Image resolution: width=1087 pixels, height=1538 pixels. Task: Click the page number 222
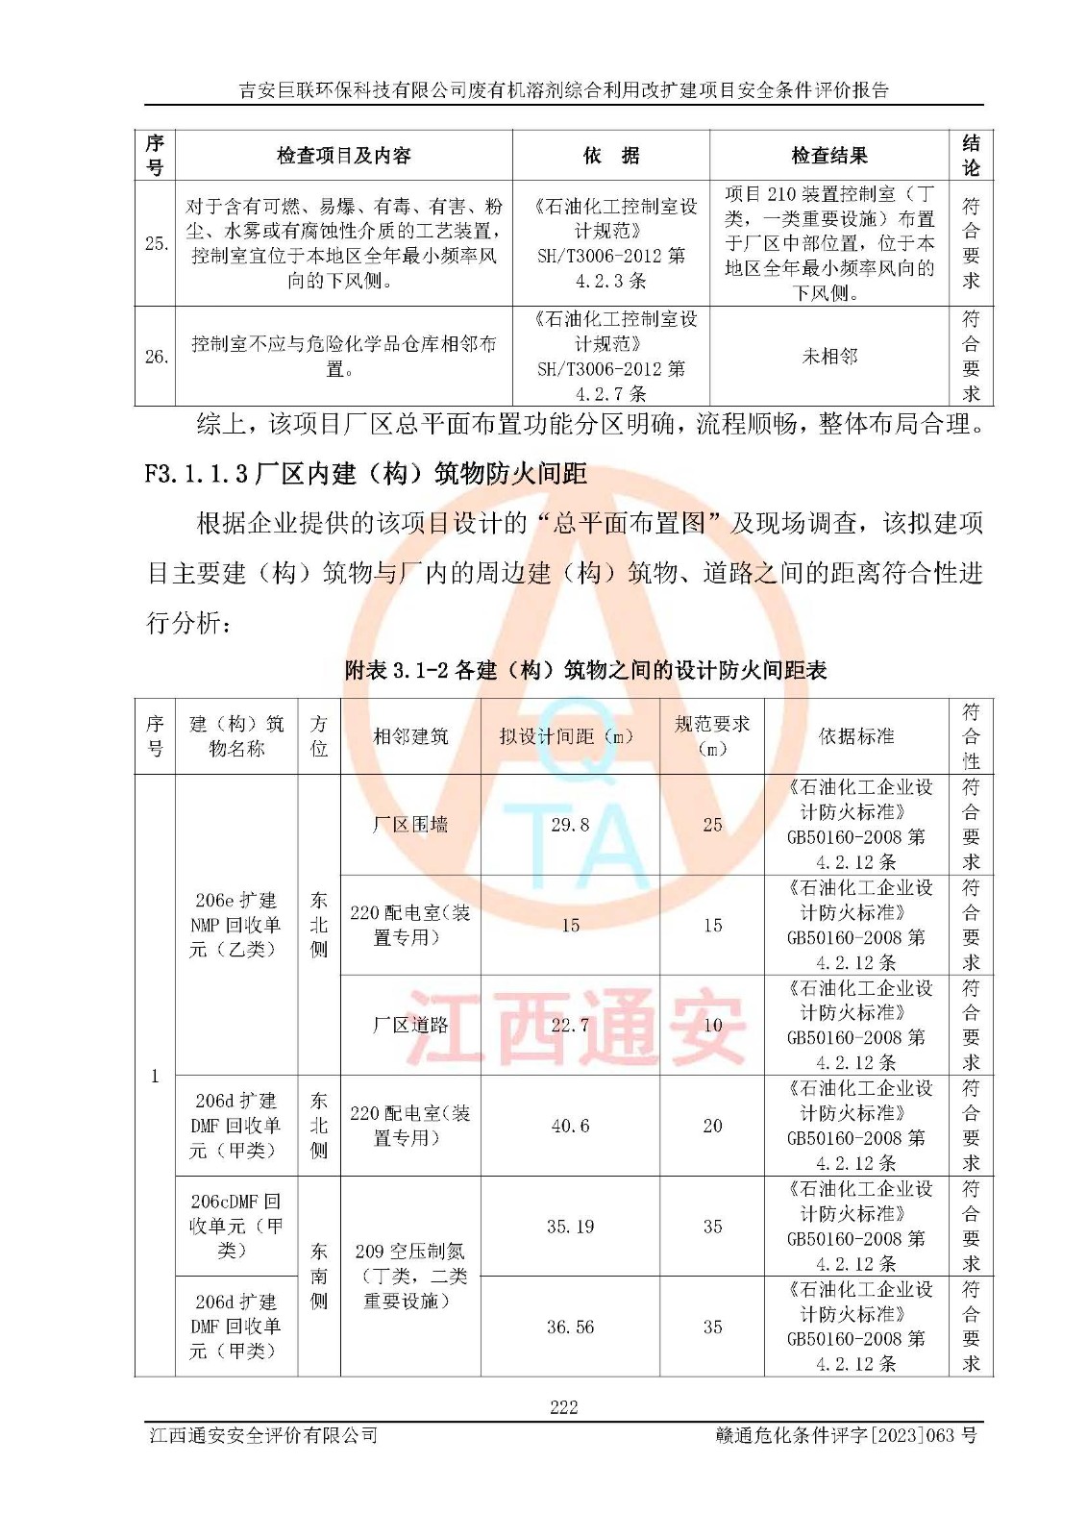coord(563,1407)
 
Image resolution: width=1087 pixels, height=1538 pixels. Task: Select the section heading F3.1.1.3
coord(365,474)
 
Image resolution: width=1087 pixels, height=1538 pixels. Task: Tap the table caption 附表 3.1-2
coord(585,670)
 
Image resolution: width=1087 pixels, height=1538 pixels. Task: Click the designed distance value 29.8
coord(570,825)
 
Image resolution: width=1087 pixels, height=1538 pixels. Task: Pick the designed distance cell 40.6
coord(570,1126)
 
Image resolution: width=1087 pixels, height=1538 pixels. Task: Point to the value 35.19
coord(570,1227)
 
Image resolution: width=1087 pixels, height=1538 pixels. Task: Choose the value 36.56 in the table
coord(570,1327)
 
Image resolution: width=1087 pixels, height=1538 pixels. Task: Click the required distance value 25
coord(712,825)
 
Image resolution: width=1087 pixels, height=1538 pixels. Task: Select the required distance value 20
coord(712,1126)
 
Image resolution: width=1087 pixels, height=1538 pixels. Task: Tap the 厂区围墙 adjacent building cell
coord(410,825)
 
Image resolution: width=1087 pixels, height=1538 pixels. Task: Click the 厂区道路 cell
coord(410,1025)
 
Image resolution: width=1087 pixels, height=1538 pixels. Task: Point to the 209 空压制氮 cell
coord(410,1276)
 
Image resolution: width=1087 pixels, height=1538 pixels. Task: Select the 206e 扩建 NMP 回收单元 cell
coord(235,925)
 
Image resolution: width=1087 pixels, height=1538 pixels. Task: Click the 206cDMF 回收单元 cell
coord(235,1226)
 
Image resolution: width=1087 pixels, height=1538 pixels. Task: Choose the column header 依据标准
coord(855,736)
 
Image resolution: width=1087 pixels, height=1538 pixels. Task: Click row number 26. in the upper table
coord(156,357)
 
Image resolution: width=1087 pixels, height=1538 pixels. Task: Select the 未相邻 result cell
coord(828,357)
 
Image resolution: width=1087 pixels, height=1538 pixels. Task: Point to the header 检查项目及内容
coord(343,156)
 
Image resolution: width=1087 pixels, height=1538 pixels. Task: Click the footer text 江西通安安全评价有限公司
coord(263,1435)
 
